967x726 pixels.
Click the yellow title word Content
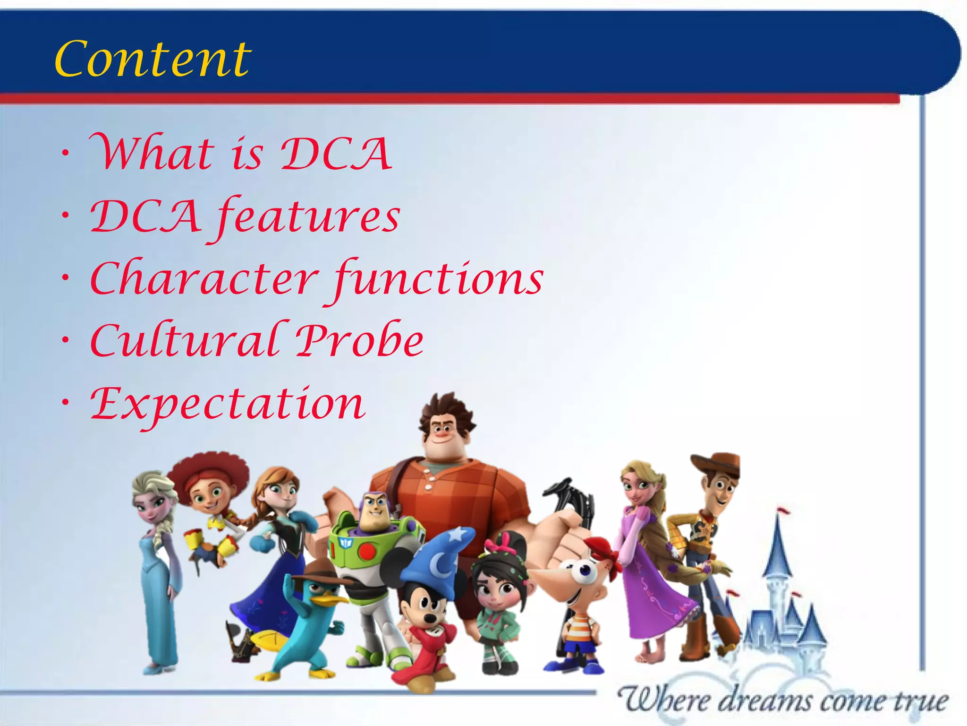[x=153, y=59]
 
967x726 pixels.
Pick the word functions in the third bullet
[x=439, y=279]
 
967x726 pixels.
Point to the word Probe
[x=360, y=340]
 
